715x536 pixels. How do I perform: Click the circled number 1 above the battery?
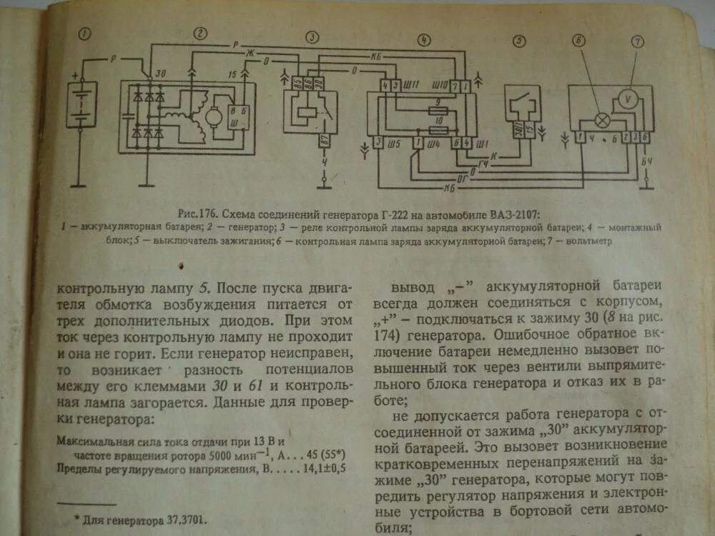tap(86, 34)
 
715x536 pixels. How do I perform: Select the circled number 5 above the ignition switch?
tap(520, 40)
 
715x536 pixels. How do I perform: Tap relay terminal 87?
tap(326, 142)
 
